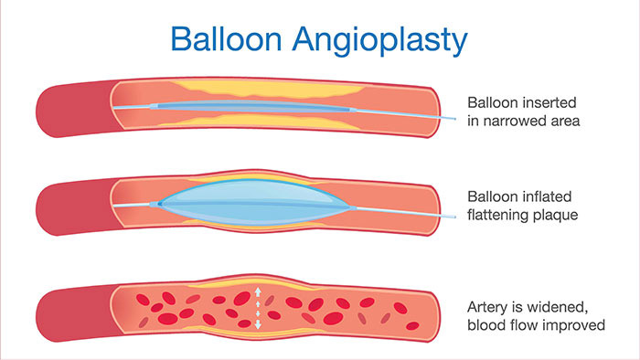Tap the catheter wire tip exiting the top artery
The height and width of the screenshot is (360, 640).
tap(452, 121)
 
